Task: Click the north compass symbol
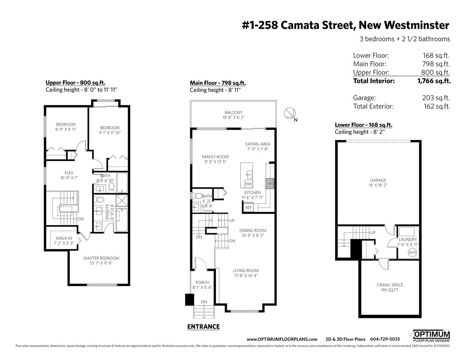click(x=290, y=113)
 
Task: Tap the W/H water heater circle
click(x=412, y=252)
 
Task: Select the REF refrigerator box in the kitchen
click(x=249, y=207)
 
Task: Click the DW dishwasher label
click(x=248, y=184)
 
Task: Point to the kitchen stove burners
click(x=269, y=183)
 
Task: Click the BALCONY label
click(x=233, y=112)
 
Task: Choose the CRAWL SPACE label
click(x=390, y=285)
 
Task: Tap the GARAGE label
click(x=378, y=180)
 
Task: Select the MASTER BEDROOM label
click(x=101, y=258)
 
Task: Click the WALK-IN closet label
click(x=64, y=238)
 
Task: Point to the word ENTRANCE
click(x=203, y=327)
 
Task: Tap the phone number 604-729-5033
click(x=385, y=339)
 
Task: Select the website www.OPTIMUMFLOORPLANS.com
click(x=282, y=339)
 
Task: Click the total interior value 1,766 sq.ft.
click(x=434, y=81)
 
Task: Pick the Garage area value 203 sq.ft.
click(x=436, y=98)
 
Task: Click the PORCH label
click(x=202, y=282)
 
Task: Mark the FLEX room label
click(x=69, y=173)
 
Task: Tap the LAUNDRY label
click(x=408, y=239)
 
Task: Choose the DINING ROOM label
click(x=253, y=230)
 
